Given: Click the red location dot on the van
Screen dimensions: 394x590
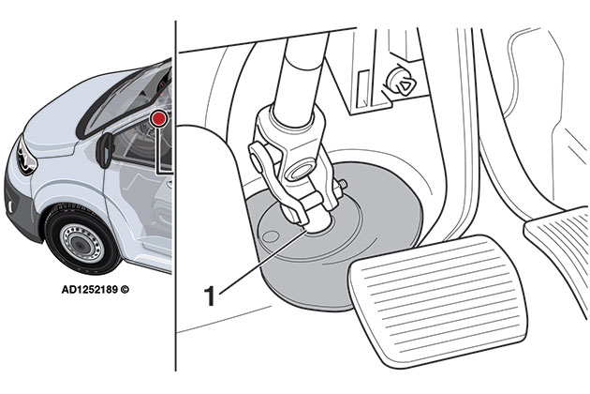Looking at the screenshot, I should [x=160, y=119].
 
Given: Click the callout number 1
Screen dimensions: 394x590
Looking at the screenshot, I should [x=211, y=296].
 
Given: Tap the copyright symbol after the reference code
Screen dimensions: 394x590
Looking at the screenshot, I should [x=125, y=291].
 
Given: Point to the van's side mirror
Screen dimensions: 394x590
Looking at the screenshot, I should [x=105, y=147].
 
